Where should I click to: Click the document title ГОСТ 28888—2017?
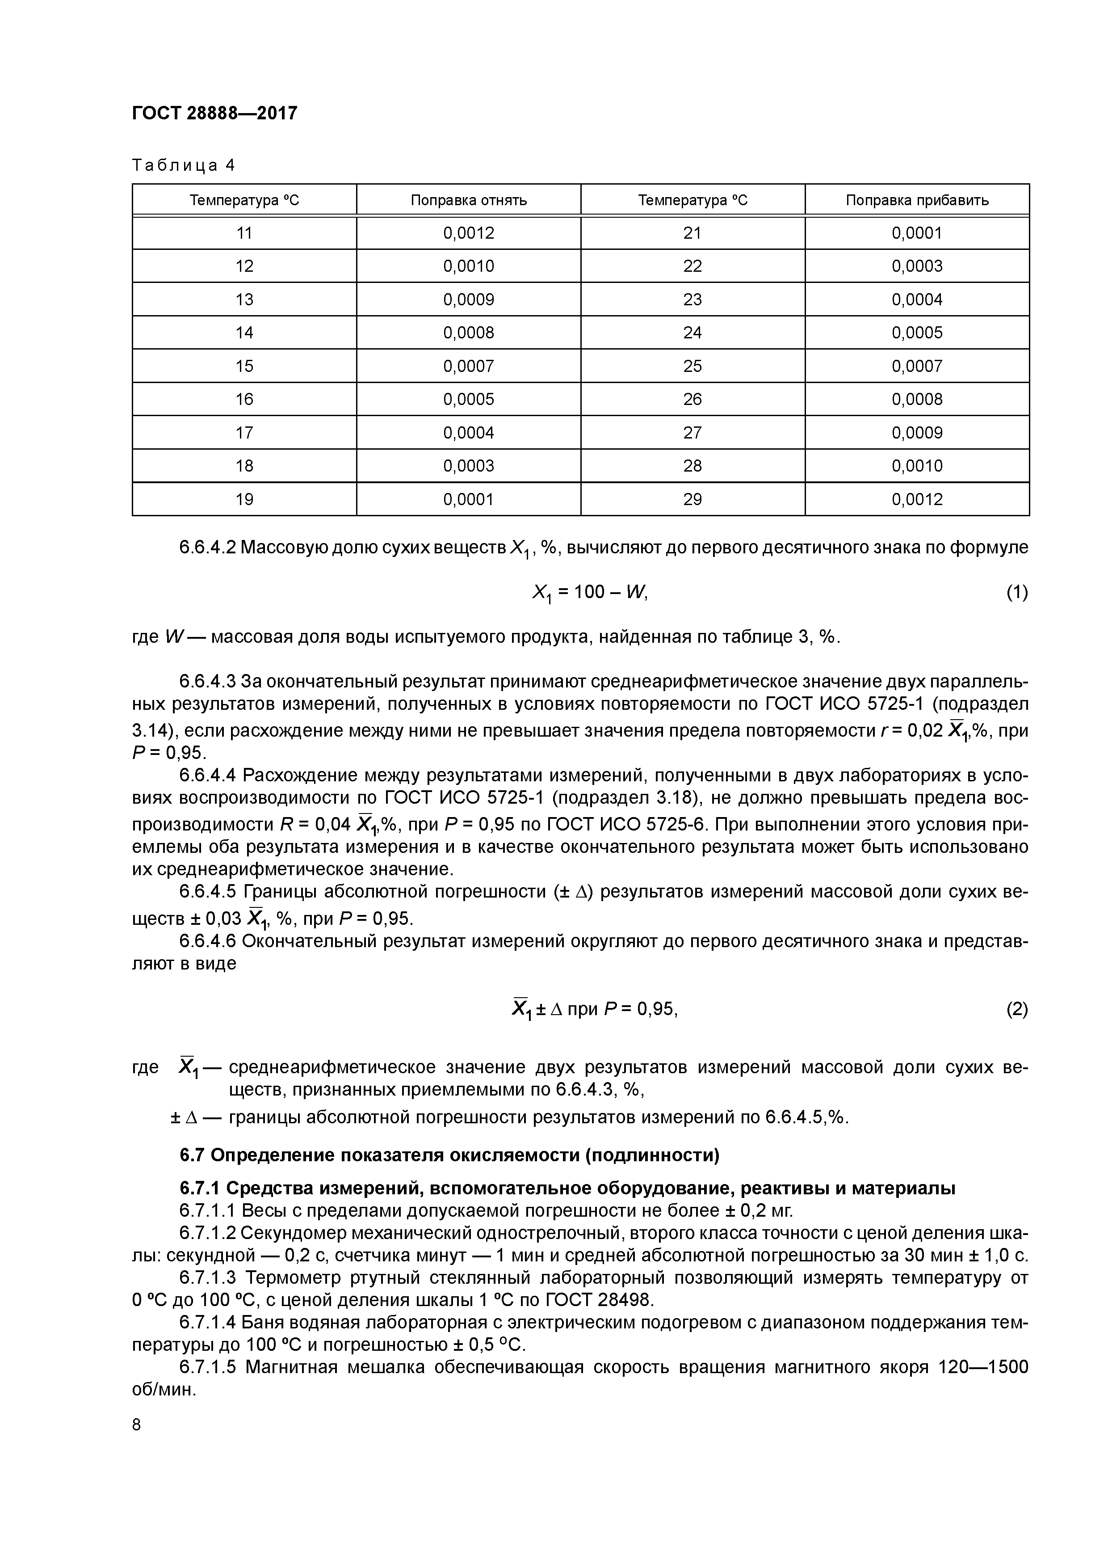click(214, 113)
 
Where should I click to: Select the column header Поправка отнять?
click(468, 200)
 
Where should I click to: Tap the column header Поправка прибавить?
click(916, 200)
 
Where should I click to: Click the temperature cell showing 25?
click(692, 366)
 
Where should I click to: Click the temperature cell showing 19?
click(244, 499)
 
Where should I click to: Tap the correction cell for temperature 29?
click(916, 499)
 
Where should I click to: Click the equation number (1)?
click(1016, 592)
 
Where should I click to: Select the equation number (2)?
click(1016, 1009)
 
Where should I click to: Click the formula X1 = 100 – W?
click(588, 592)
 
